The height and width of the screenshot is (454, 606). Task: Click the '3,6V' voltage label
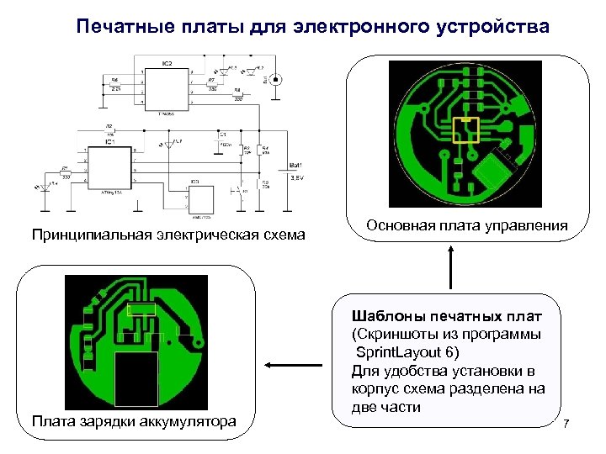tap(297, 177)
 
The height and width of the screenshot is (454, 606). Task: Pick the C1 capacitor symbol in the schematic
tap(222, 139)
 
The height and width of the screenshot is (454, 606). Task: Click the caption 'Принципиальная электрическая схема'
tap(168, 234)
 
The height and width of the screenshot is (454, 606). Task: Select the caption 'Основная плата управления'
tap(467, 226)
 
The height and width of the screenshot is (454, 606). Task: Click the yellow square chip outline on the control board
tap(465, 129)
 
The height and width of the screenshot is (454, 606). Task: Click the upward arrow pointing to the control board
tap(452, 268)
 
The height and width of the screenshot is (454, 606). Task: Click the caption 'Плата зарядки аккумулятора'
tap(133, 420)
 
